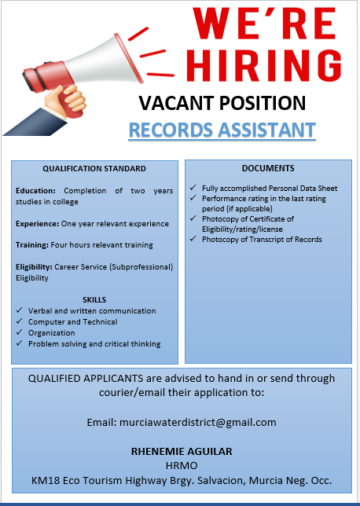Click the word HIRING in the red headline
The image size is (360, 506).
pyautogui.click(x=264, y=65)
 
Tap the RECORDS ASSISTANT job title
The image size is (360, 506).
pyautogui.click(x=222, y=130)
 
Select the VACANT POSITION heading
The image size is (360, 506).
pyautogui.click(x=222, y=103)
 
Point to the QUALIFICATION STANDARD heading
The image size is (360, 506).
pyautogui.click(x=94, y=168)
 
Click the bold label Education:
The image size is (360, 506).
pyautogui.click(x=35, y=191)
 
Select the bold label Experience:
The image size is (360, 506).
pyautogui.click(x=38, y=224)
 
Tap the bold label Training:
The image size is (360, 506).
pyautogui.click(x=32, y=245)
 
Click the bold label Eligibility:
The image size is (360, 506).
pyautogui.click(x=34, y=267)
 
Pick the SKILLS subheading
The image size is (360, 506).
pyautogui.click(x=94, y=300)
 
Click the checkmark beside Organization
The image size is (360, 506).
pyautogui.click(x=20, y=332)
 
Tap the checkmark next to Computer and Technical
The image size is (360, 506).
pyautogui.click(x=20, y=321)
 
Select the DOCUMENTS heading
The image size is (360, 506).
pyautogui.click(x=268, y=168)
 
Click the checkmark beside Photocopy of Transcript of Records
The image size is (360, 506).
pyautogui.click(x=193, y=239)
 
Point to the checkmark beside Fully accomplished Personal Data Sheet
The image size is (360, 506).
pyautogui.click(x=193, y=188)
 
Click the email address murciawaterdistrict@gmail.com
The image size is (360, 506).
pyautogui.click(x=198, y=423)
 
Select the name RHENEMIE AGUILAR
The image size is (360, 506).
pyautogui.click(x=182, y=451)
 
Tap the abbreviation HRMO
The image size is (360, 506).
pyautogui.click(x=182, y=466)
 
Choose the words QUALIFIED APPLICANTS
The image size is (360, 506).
pyautogui.click(x=86, y=378)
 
